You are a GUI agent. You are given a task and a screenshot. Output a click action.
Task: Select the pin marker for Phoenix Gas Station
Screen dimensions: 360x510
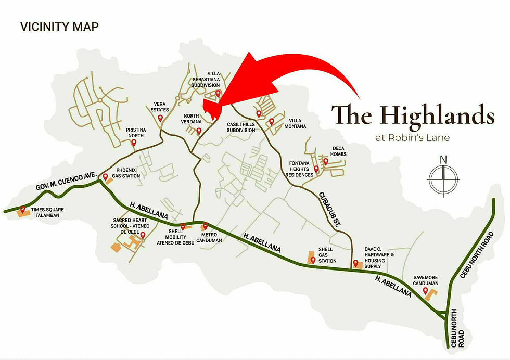(105, 177)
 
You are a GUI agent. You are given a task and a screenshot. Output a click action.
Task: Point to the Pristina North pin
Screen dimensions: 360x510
(134, 143)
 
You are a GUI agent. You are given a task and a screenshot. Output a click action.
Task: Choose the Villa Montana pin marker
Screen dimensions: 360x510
(271, 121)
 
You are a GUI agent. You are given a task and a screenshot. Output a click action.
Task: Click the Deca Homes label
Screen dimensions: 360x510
(338, 151)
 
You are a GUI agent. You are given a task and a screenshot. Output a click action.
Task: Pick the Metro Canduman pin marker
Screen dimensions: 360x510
(205, 226)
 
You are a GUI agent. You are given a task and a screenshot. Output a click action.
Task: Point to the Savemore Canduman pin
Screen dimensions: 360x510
(425, 290)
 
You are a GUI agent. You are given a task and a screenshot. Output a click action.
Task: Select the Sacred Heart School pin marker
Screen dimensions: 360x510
(143, 235)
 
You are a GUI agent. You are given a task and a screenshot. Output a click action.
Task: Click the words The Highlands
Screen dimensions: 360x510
(413, 114)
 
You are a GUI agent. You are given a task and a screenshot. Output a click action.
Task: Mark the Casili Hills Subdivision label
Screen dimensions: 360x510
(241, 127)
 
